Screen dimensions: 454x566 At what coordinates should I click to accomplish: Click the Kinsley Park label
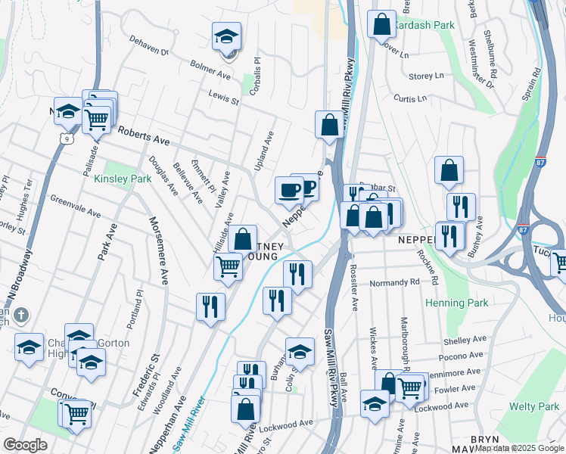pyautogui.click(x=123, y=179)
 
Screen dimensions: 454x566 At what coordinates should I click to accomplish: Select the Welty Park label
pyautogui.click(x=534, y=406)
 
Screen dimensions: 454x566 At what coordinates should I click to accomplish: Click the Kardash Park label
pyautogui.click(x=426, y=25)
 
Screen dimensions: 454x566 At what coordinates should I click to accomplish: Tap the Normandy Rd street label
pyautogui.click(x=394, y=282)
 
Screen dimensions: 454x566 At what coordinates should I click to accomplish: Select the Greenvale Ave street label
pyautogui.click(x=76, y=206)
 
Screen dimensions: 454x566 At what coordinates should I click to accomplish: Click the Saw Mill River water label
pyautogui.click(x=188, y=425)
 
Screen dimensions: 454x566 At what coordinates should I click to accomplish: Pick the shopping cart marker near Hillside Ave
pyautogui.click(x=228, y=266)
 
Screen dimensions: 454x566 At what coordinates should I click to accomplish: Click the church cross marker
pyautogui.click(x=21, y=314)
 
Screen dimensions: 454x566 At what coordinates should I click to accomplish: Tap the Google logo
pyautogui.click(x=25, y=445)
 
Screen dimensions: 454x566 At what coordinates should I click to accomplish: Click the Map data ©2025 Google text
pyautogui.click(x=518, y=448)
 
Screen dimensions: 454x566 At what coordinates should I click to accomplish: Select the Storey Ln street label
pyautogui.click(x=426, y=76)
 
